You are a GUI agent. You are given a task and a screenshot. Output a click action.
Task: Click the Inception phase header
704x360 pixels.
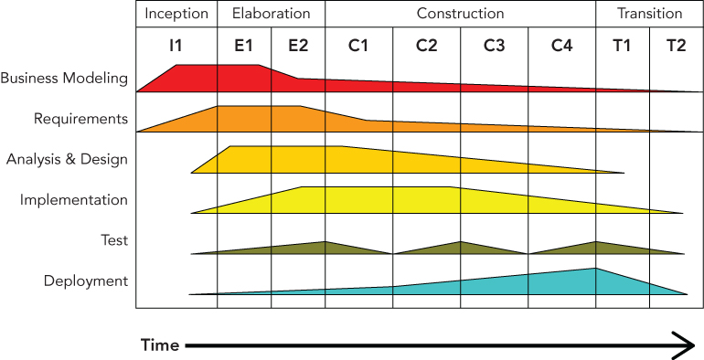point(176,14)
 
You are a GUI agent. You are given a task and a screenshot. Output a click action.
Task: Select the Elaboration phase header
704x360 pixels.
point(271,14)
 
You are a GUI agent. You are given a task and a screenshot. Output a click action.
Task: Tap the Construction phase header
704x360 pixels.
point(460,14)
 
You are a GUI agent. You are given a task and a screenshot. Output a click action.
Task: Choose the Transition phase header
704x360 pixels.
point(649,14)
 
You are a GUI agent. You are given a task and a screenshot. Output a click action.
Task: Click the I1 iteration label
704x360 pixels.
point(176,47)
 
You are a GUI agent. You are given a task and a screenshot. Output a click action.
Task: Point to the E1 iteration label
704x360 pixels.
point(244,47)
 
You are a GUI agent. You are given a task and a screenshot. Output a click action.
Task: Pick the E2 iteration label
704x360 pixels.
point(298,47)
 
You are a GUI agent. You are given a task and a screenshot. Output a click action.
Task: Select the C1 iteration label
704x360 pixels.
point(358,47)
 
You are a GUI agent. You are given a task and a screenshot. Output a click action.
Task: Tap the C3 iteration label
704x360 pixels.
point(494,47)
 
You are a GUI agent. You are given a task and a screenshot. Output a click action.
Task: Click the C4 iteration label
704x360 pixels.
point(561,47)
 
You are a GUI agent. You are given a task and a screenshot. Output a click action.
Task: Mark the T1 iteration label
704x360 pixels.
point(623,47)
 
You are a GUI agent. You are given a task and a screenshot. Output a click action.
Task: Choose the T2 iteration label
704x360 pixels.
point(676,47)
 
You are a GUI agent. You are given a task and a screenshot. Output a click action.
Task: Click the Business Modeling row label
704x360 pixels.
point(64,79)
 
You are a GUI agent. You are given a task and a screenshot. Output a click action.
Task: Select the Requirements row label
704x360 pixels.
point(80,119)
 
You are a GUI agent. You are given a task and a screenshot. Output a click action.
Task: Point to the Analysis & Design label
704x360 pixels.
point(67,159)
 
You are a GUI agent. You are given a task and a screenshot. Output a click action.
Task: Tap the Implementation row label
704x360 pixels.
point(74,200)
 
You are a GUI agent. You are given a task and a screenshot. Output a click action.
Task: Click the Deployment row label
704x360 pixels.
point(86,281)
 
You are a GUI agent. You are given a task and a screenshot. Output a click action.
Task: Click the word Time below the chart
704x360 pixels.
point(159,345)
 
